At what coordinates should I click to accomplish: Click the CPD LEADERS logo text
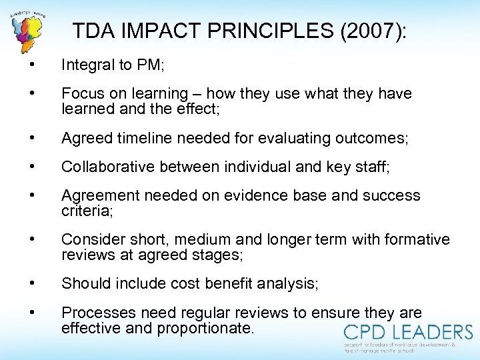point(408,333)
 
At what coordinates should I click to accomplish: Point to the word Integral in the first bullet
point(84,65)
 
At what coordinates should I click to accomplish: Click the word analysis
point(288,283)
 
